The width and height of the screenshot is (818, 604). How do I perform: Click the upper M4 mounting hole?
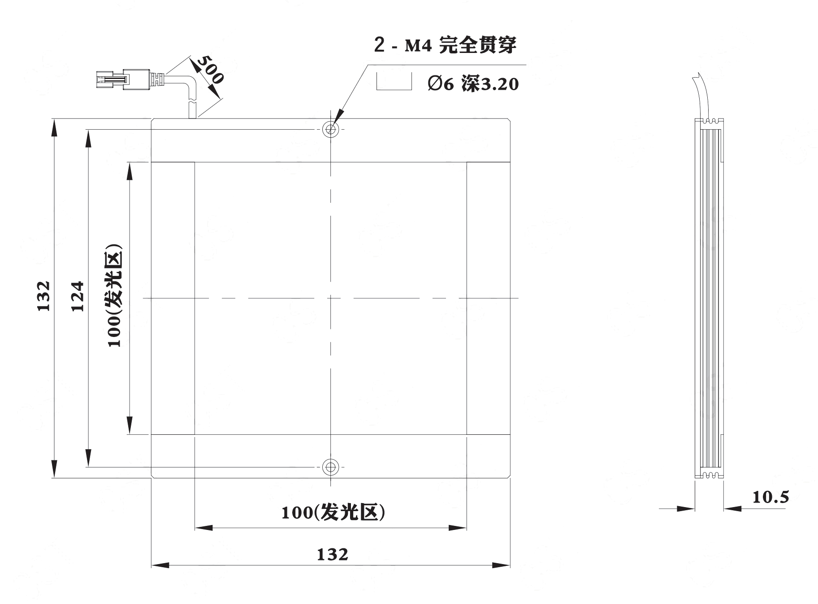point(331,130)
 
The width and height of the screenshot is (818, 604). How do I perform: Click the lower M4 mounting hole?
point(331,467)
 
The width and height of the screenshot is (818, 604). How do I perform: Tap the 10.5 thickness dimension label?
point(770,497)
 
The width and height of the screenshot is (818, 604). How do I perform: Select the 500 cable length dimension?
point(209,70)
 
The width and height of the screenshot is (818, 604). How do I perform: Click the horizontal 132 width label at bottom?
point(332,555)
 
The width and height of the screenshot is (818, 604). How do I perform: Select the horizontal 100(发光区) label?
point(333,512)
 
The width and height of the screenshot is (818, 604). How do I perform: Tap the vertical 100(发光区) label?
point(114,296)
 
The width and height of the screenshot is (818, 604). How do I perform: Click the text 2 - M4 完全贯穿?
point(445,45)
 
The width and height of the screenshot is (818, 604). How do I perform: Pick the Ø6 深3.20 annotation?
point(473,84)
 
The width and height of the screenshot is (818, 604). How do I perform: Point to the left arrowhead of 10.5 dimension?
point(686,509)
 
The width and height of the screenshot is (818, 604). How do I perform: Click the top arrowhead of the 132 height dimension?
point(54,127)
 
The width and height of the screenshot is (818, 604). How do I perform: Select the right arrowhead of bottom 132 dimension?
point(501,565)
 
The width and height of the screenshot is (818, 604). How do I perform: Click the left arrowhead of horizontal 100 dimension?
point(204,528)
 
